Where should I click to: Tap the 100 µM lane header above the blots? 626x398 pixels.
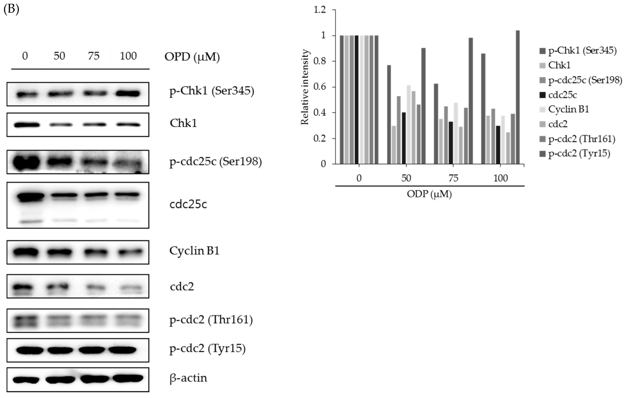(128, 56)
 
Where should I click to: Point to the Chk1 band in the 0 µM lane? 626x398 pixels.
(27, 125)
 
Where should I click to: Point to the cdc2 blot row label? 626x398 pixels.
(182, 287)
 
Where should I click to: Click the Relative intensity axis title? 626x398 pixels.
(305, 87)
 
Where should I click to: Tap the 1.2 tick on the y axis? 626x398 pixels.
(320, 10)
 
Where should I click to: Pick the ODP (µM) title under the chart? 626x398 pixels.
(429, 194)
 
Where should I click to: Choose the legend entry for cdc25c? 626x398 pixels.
(563, 95)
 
